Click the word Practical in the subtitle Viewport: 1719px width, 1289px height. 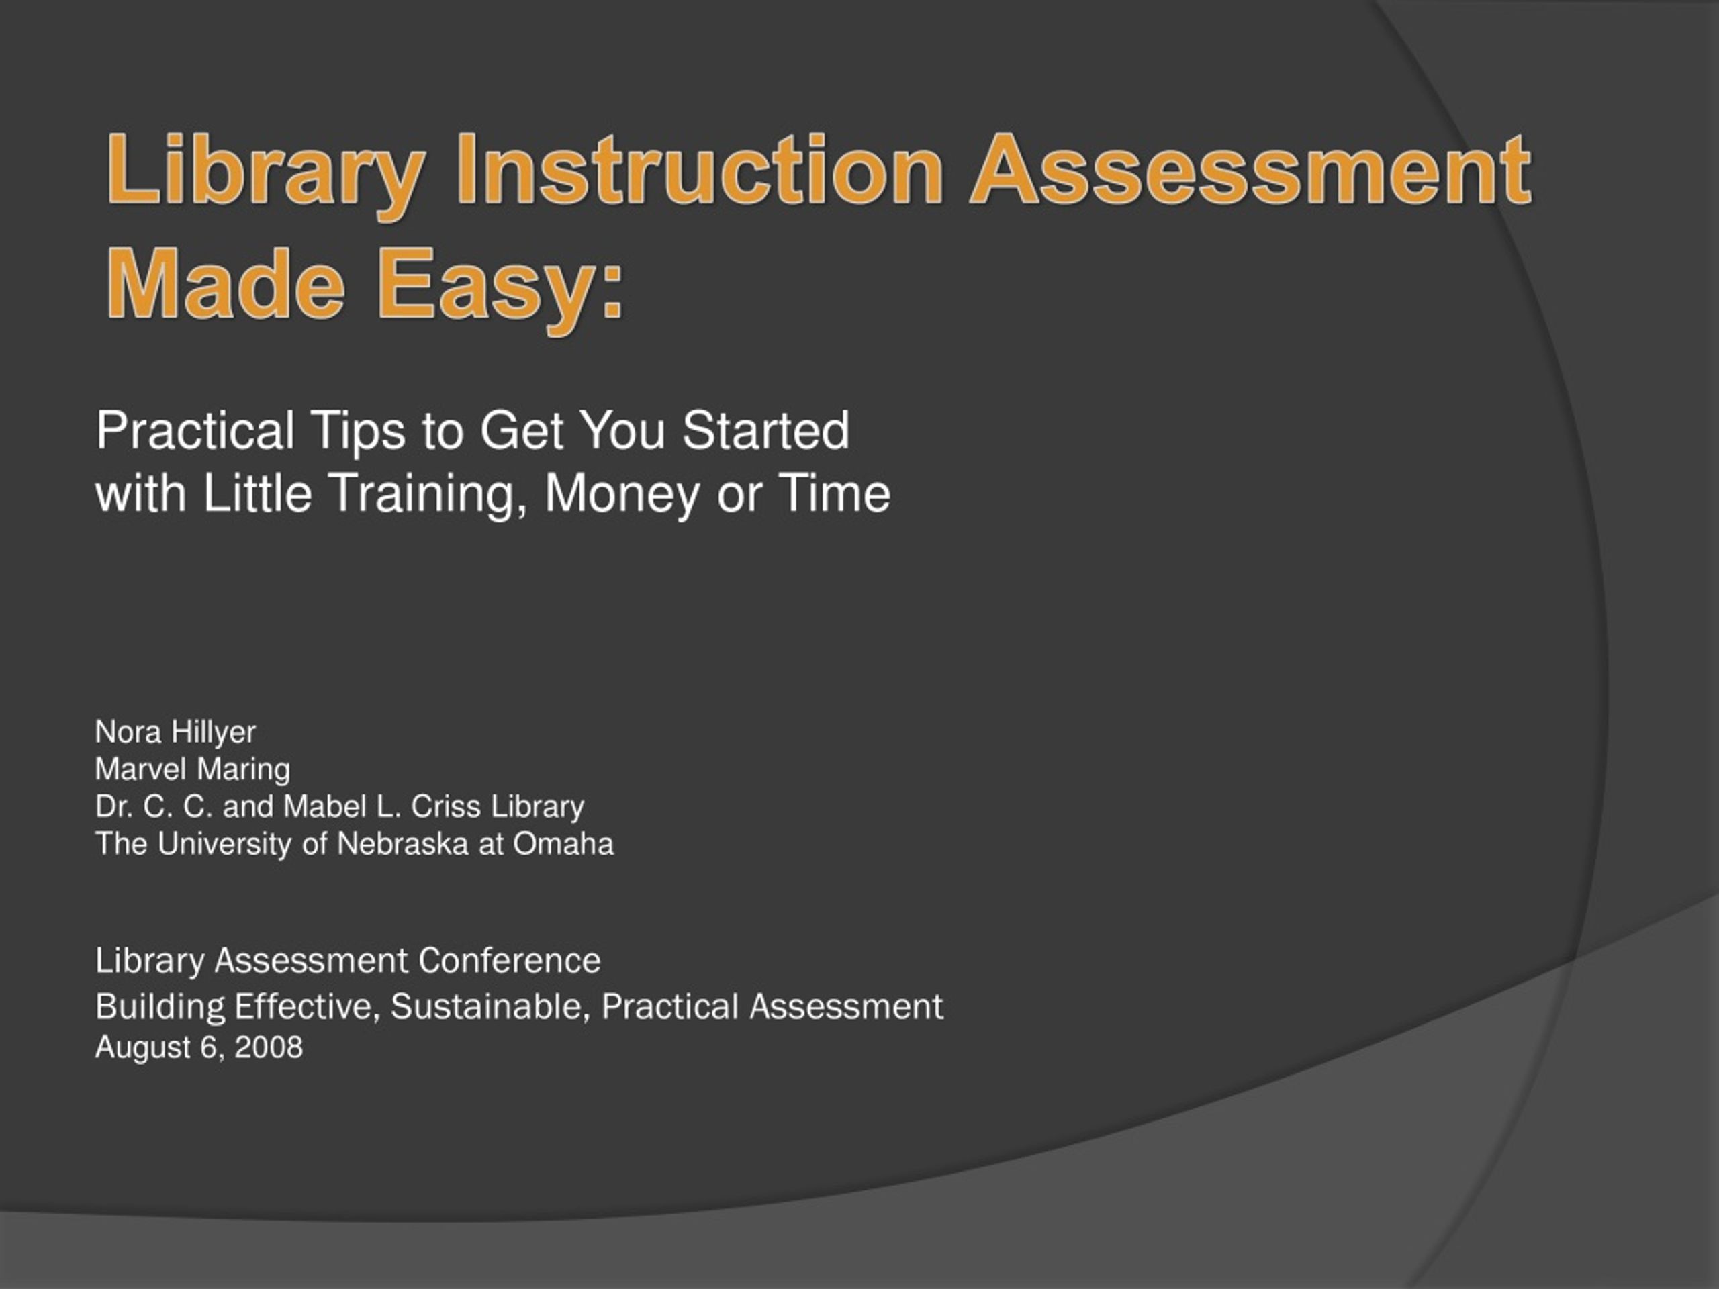coord(195,430)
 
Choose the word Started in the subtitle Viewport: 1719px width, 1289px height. coord(765,430)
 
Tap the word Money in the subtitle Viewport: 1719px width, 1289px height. coord(622,495)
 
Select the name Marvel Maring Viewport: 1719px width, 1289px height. coord(193,769)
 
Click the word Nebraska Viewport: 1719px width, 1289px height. coord(402,844)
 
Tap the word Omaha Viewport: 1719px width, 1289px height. coord(563,844)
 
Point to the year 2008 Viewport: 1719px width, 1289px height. coord(269,1047)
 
